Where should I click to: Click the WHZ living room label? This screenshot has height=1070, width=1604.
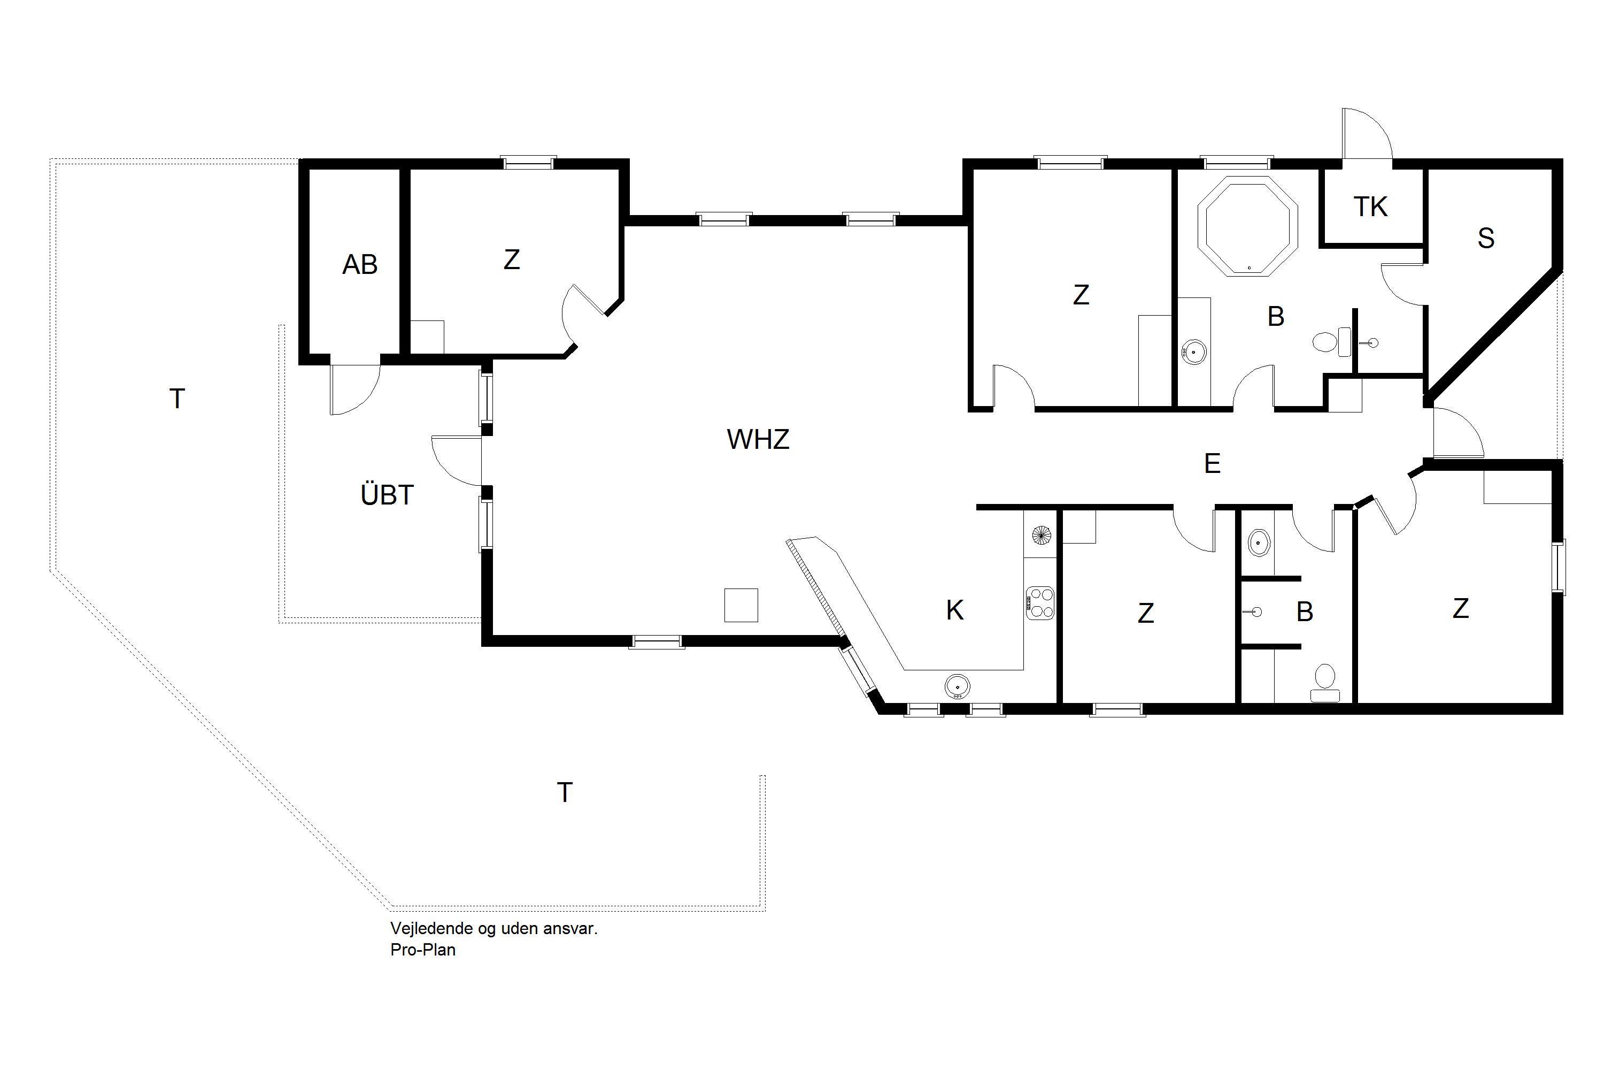click(x=758, y=439)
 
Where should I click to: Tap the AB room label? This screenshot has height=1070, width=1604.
click(x=359, y=265)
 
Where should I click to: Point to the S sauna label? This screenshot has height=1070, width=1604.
click(x=1486, y=238)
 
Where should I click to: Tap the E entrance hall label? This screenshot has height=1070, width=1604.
click(x=1212, y=464)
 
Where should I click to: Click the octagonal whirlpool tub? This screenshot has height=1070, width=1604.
click(x=1248, y=226)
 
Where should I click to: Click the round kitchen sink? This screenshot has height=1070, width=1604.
click(x=958, y=686)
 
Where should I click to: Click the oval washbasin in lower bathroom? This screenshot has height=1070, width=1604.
click(x=1258, y=543)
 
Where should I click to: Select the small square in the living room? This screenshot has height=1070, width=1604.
click(x=741, y=605)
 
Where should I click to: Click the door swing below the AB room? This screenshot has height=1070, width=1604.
click(x=354, y=389)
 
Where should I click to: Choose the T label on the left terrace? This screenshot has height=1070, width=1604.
click(x=178, y=399)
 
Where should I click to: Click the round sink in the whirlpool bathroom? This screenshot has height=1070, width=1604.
click(x=1194, y=351)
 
